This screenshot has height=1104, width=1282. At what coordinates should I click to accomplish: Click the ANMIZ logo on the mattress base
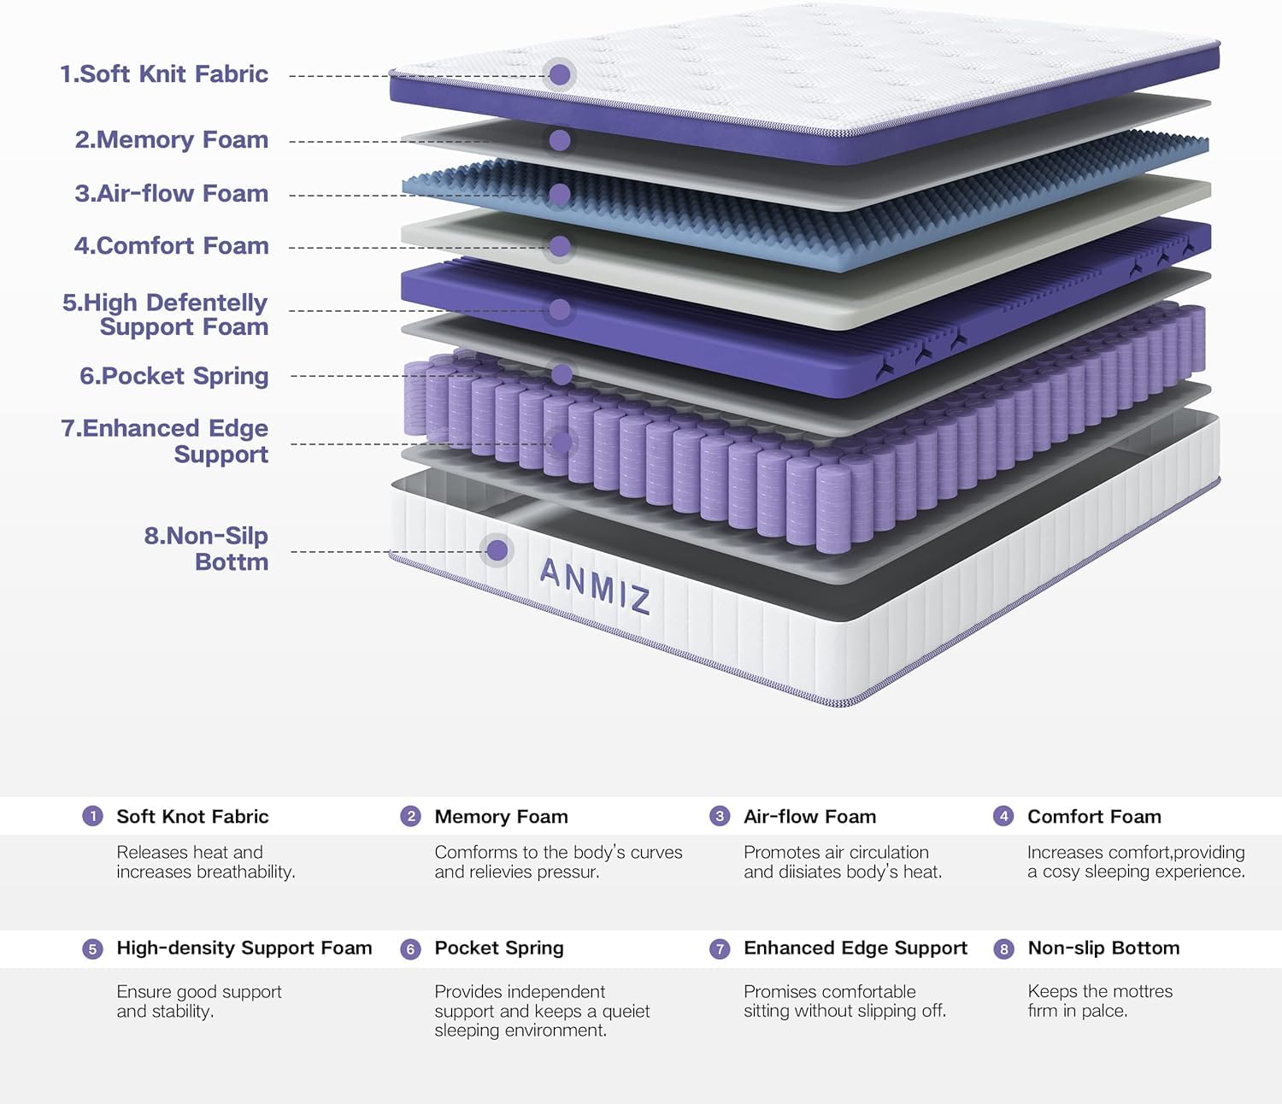tap(595, 585)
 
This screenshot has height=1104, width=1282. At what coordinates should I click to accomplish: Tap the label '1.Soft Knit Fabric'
tap(164, 74)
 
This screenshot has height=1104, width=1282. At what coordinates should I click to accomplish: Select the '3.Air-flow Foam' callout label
tap(171, 194)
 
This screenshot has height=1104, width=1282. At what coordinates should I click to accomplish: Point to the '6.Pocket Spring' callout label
tap(173, 376)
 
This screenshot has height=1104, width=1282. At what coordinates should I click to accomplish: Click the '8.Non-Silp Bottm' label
tap(206, 549)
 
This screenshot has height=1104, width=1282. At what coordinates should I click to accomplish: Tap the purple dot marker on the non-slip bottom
tap(497, 549)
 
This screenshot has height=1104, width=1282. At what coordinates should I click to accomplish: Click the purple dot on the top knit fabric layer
tap(560, 74)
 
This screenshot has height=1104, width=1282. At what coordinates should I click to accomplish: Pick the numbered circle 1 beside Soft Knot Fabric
tap(92, 816)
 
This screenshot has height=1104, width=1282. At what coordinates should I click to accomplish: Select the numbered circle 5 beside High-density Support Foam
tap(92, 948)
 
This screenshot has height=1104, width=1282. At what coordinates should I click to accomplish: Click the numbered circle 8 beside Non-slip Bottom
tap(1003, 948)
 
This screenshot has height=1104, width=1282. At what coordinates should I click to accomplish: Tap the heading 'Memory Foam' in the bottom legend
tap(501, 817)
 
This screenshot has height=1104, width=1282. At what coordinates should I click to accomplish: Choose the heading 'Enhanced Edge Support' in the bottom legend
tap(855, 948)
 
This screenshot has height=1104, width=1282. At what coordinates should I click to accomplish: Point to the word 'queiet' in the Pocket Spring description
tap(626, 1012)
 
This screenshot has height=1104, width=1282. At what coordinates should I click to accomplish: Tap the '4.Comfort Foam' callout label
tap(171, 246)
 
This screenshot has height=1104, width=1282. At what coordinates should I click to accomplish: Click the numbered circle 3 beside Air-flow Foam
tap(720, 816)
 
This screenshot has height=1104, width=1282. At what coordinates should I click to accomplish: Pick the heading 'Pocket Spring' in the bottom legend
tap(499, 948)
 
